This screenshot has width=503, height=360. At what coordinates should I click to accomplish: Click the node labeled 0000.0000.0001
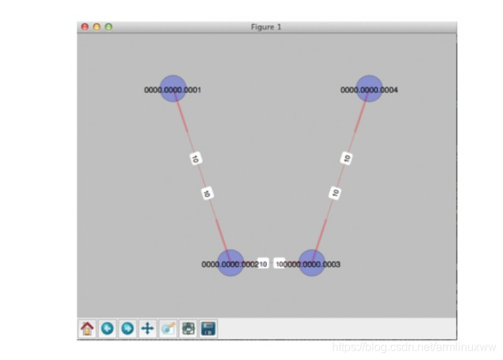point(172,88)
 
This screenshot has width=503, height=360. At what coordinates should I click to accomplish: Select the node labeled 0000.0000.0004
point(369,88)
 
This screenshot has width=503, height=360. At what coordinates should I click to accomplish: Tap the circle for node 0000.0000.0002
point(230,263)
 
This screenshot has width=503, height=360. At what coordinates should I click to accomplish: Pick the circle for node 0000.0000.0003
point(311,263)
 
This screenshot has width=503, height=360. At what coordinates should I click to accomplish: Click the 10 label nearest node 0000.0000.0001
point(195,159)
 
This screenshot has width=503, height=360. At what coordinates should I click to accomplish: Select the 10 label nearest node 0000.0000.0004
point(347,158)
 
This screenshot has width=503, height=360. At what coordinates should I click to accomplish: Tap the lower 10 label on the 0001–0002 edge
point(207,193)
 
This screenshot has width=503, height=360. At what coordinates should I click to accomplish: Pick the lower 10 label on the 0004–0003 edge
point(335,193)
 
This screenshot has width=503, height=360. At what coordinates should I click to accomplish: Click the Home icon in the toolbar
point(87,329)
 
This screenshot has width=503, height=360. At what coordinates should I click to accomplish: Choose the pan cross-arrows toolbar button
point(147,329)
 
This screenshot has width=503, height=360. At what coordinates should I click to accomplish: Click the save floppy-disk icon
point(208,329)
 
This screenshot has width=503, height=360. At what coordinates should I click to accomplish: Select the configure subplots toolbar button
point(188,329)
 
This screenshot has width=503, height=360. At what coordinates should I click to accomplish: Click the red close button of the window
point(84,26)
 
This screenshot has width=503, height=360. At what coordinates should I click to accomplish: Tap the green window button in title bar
point(109,26)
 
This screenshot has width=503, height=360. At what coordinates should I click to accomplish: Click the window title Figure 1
point(266,26)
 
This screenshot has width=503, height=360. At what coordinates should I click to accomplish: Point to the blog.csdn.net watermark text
point(416,347)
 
